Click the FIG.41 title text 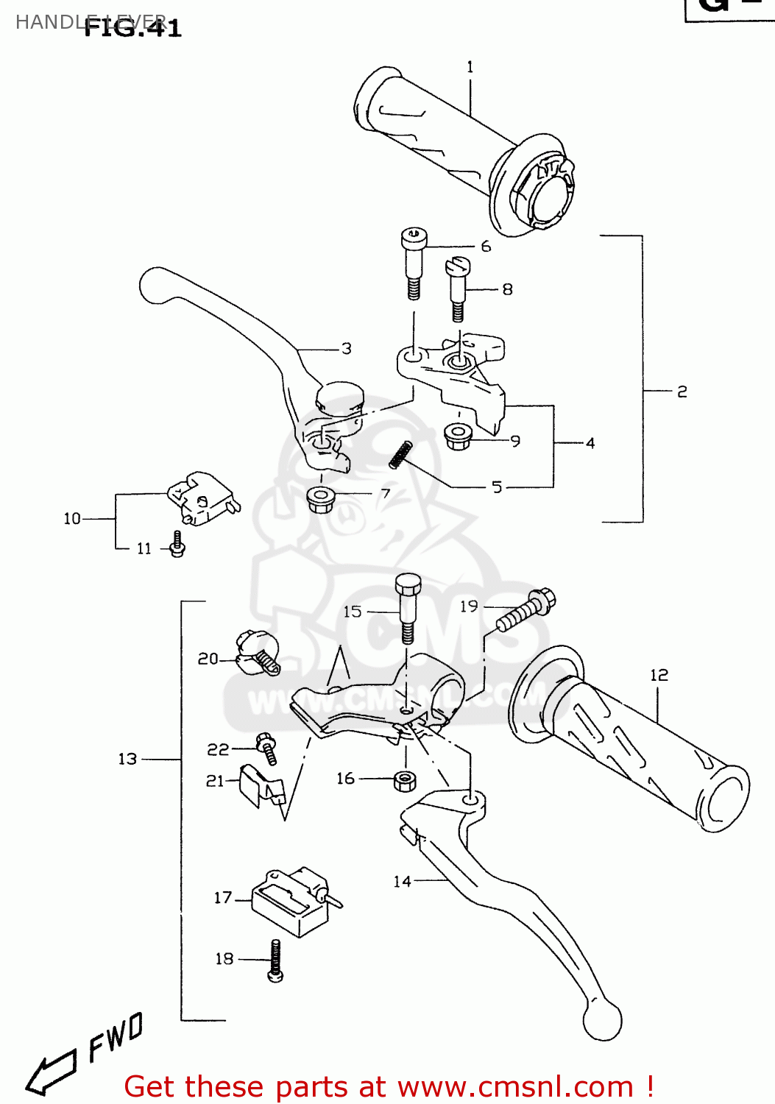point(132,28)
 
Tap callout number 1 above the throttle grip point(470,67)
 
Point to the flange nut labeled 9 point(459,437)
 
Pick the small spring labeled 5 point(400,454)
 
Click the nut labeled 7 point(320,500)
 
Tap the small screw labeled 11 point(177,544)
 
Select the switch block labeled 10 point(201,498)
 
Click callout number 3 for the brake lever point(346,349)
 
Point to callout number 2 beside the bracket point(682,392)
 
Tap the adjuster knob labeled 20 point(258,652)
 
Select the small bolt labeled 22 point(266,749)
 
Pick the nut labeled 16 point(405,780)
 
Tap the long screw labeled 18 point(276,960)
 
